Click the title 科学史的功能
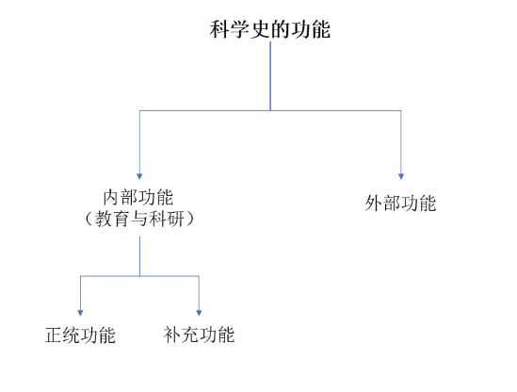point(270,29)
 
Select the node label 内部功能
point(138,197)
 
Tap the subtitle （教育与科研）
point(139,219)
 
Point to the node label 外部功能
point(400,203)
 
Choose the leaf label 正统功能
point(80,335)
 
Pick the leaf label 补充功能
point(199,335)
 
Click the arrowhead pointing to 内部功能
point(139,176)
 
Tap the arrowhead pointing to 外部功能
point(401,176)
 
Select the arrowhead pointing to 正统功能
point(80,313)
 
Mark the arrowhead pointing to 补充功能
point(199,313)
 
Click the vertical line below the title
point(270,76)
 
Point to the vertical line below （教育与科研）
point(139,255)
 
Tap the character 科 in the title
point(219,29)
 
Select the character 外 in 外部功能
point(374,203)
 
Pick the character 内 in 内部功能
point(111,197)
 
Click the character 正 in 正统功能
point(54,335)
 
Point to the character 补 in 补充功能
point(172,335)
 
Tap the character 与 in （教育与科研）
point(139,219)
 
